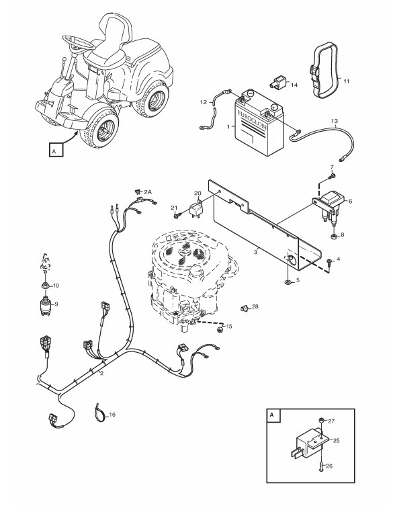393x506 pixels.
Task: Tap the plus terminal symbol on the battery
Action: [x=274, y=106]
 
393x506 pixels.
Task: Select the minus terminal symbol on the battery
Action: [x=251, y=93]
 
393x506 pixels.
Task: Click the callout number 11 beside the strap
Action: [x=346, y=81]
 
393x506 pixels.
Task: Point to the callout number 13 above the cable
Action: [x=335, y=122]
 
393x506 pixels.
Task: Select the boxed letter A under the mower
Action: [x=56, y=150]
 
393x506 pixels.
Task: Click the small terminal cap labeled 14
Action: [x=277, y=82]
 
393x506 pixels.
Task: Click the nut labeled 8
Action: [x=335, y=237]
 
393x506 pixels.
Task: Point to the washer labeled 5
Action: [x=288, y=282]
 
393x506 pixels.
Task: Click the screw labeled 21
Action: [x=177, y=216]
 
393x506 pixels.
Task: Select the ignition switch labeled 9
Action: [x=45, y=305]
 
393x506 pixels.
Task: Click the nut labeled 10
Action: [x=45, y=286]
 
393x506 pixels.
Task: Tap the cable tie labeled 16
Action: [x=99, y=413]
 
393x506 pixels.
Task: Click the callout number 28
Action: [x=255, y=306]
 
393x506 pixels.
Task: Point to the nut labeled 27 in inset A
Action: [x=322, y=420]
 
